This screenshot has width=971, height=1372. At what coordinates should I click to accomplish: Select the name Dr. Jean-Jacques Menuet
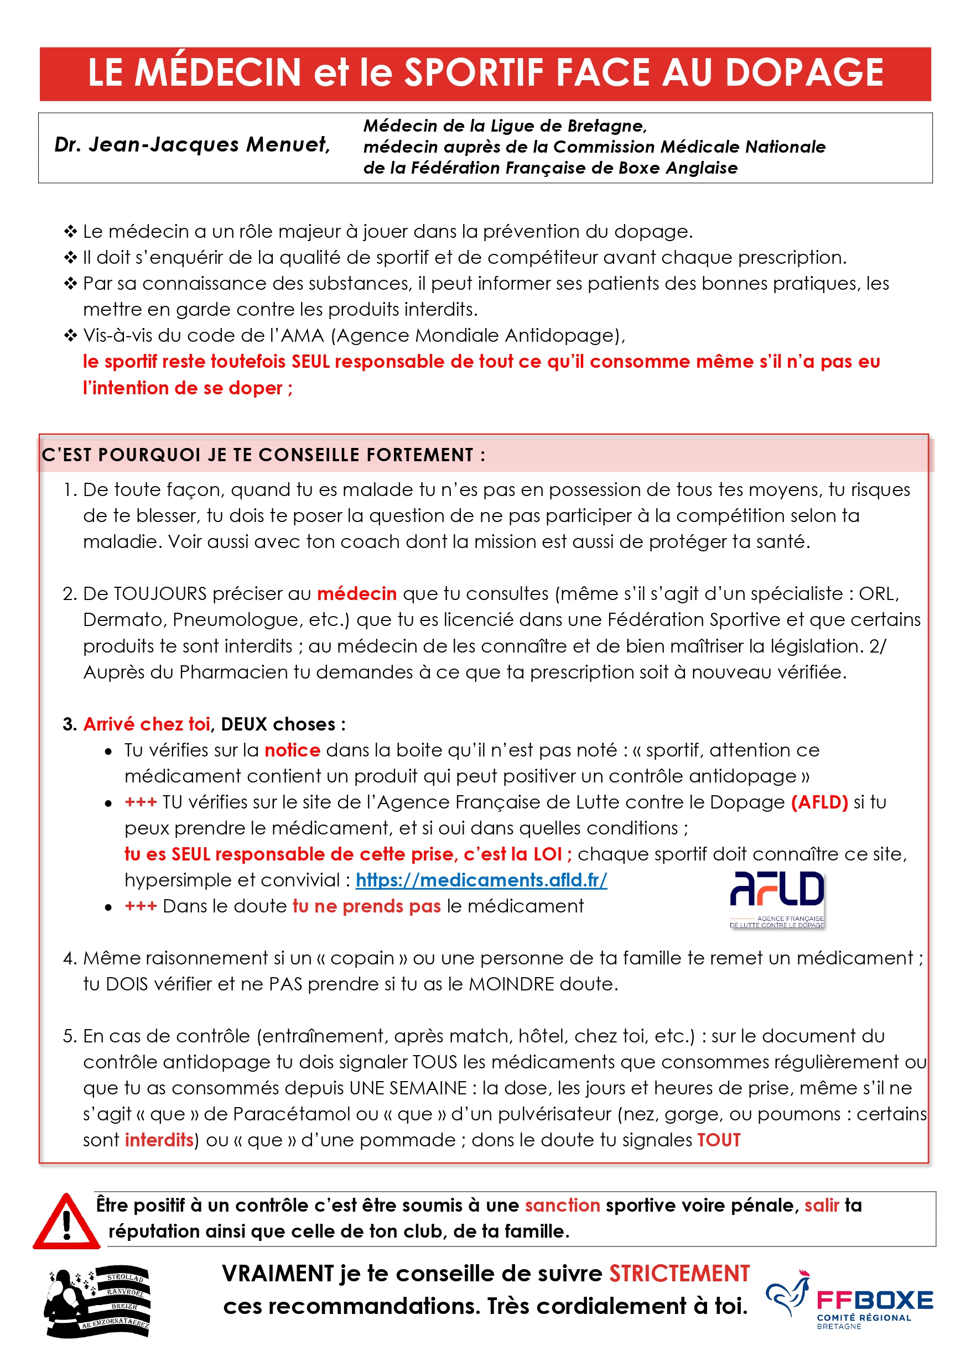pos(192,144)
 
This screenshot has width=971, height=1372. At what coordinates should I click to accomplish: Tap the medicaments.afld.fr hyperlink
pos(481,880)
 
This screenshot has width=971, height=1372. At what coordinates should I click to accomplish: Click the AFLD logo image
pos(776,899)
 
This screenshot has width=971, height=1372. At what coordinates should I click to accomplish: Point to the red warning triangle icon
pos(66,1222)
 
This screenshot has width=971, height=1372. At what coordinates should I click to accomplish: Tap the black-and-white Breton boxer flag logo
pos(98,1303)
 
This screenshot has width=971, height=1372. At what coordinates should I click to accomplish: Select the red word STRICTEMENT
pos(679,1274)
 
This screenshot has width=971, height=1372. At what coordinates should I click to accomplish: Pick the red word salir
pos(822,1206)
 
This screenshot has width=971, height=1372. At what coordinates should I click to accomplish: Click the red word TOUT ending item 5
pos(719,1140)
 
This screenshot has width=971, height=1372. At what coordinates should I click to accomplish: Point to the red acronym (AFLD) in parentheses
pos(819,802)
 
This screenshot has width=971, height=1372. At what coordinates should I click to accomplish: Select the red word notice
pos(292,750)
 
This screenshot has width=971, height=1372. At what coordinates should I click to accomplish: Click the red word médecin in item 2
pos(356,593)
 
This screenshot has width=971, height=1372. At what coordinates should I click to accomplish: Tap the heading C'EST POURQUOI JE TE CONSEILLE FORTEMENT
pos(263,455)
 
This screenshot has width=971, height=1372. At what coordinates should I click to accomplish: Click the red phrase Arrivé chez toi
pos(147,724)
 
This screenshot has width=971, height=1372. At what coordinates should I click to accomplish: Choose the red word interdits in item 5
pos(158,1140)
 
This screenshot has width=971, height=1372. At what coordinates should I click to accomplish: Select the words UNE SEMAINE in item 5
pos(408,1088)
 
